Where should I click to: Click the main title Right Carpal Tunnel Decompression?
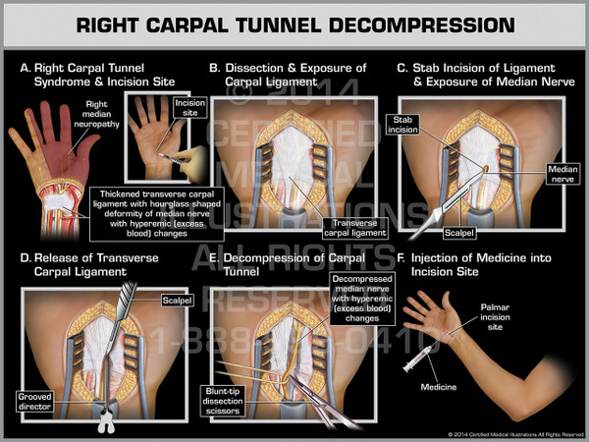[x=294, y=27]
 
